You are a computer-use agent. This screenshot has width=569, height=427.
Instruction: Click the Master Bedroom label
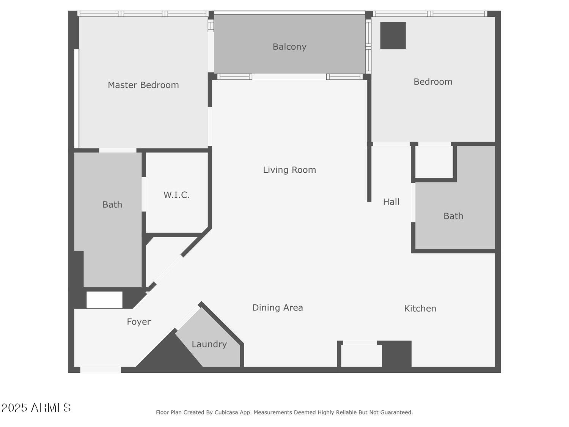143,85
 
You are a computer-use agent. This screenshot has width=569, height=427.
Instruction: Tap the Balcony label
289,47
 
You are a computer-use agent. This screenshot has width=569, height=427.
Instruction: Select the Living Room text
289,170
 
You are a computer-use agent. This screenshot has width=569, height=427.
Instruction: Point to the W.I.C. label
176,195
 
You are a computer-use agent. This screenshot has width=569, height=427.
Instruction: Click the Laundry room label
209,344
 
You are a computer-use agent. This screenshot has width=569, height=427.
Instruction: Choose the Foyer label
139,322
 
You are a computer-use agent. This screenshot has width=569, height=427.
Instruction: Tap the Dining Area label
278,307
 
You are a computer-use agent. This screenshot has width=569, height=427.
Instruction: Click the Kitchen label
420,308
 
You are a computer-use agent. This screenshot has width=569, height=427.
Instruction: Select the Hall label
391,202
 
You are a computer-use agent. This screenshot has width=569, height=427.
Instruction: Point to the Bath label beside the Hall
453,216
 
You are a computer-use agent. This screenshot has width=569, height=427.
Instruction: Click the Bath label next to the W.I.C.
112,205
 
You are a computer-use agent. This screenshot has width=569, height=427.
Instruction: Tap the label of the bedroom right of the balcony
433,82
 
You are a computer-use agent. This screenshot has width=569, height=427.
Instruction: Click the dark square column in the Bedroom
393,36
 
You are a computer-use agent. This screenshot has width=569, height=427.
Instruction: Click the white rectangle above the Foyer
104,300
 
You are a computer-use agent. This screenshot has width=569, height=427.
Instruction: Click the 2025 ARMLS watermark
36,408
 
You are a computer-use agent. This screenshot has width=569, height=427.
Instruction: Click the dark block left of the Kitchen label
397,354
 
